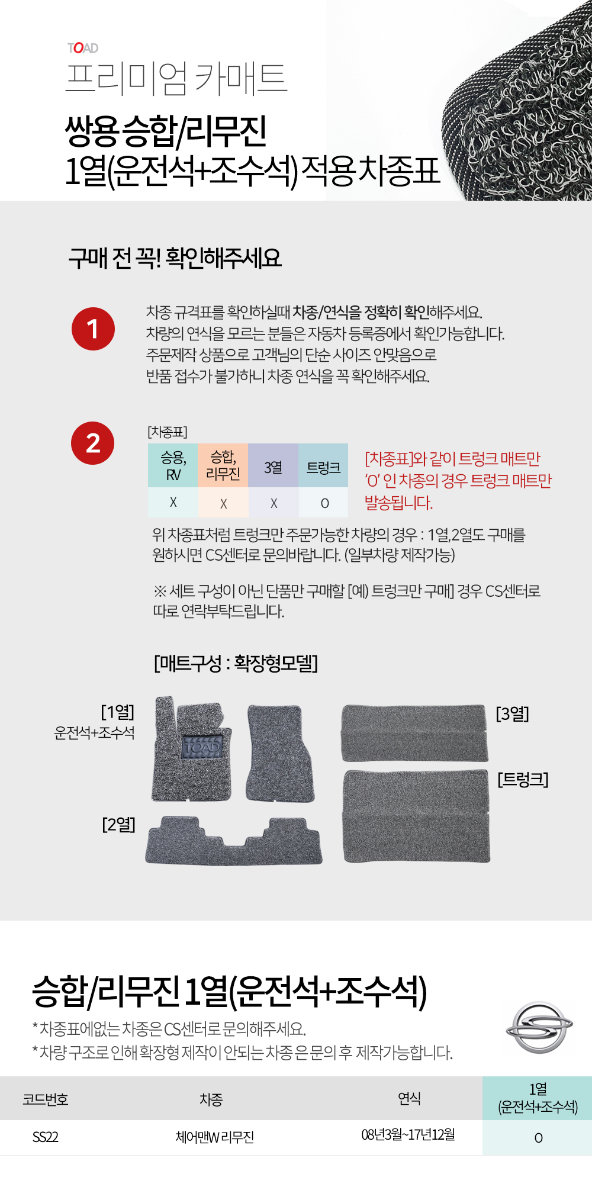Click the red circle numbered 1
[x=93, y=329]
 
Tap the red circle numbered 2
[x=93, y=443]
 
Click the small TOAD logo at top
[x=83, y=48]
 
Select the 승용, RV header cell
[x=173, y=466]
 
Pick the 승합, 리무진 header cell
[x=223, y=466]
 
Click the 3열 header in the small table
[x=273, y=466]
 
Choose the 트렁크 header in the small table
[x=323, y=466]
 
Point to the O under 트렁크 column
[x=324, y=503]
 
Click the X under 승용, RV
[x=173, y=502]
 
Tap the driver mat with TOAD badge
[x=191, y=749]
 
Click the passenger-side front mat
[x=280, y=753]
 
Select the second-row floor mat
[x=234, y=841]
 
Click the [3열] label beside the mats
[x=512, y=713]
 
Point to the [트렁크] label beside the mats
[x=523, y=779]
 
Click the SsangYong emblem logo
[x=539, y=1027]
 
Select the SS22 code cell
[x=45, y=1137]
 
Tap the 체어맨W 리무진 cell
[x=214, y=1137]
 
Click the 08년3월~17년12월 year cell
[x=408, y=1134]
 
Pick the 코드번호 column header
[x=45, y=1099]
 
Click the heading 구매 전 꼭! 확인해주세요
[x=175, y=258]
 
